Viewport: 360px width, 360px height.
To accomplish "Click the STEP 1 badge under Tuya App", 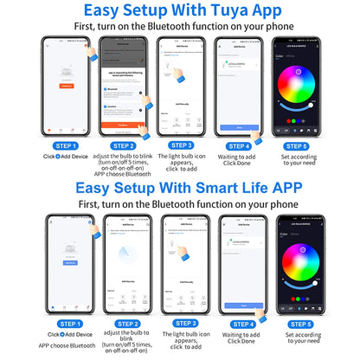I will click(66, 146).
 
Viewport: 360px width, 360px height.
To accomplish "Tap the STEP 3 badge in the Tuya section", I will click(181, 145).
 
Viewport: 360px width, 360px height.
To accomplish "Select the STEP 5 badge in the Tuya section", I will click(296, 146).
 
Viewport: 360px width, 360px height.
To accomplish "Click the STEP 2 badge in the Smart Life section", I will click(123, 324).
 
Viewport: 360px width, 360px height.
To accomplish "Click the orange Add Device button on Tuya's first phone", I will click(66, 86).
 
